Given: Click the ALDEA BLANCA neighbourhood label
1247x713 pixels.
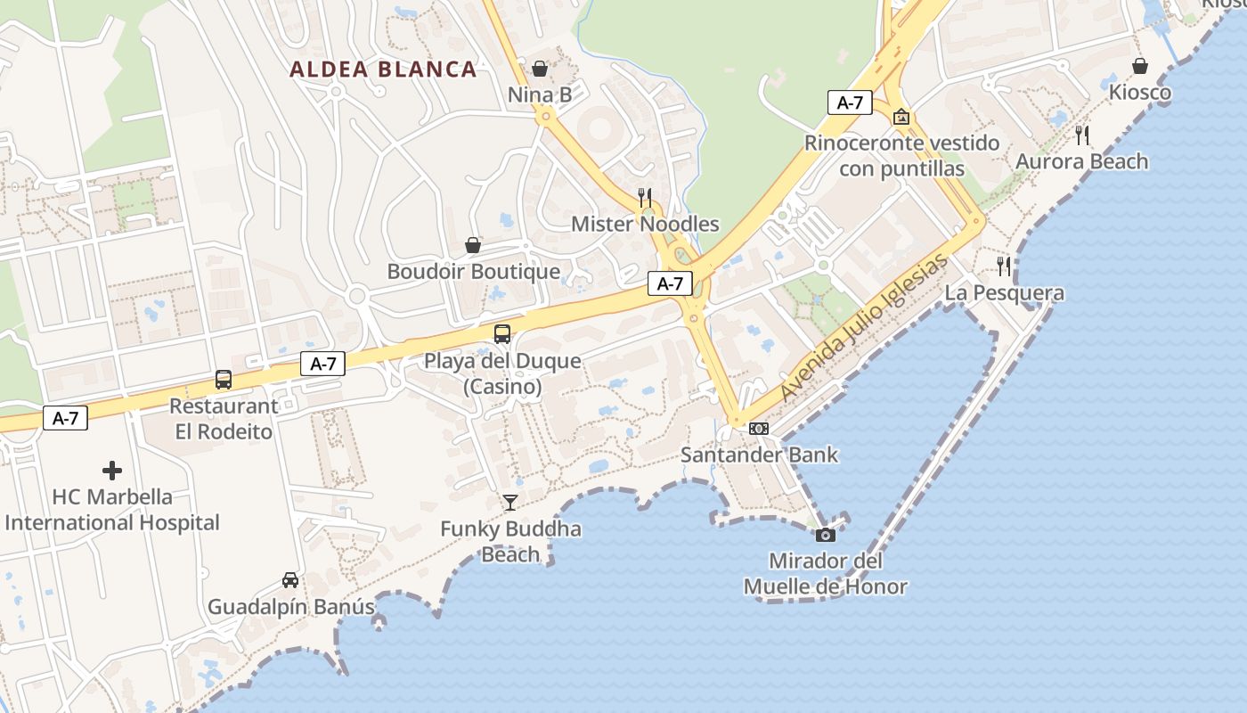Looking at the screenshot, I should (383, 69).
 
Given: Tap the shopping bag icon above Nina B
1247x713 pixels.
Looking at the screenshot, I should (540, 68).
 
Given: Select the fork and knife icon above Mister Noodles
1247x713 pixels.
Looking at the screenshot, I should (645, 197).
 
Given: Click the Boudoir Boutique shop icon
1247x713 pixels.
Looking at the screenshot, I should (473, 245).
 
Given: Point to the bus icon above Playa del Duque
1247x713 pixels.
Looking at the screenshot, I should (502, 334).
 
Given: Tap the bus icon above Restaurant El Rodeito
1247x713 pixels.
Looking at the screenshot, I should (224, 380).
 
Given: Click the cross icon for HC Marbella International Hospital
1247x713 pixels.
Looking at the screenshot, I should (112, 471).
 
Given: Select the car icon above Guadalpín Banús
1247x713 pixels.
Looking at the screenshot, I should (290, 580).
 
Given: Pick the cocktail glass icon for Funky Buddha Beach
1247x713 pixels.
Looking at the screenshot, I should (510, 503).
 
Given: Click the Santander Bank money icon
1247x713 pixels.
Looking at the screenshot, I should (759, 429).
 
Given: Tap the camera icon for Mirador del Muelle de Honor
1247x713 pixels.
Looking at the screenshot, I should (826, 535).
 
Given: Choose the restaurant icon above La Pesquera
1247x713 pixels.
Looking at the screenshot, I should (1004, 266).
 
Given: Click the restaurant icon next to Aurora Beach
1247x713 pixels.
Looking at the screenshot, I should (1082, 135).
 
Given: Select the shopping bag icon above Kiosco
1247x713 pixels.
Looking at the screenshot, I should (1140, 66).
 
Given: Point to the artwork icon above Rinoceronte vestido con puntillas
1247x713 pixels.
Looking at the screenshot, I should (901, 117).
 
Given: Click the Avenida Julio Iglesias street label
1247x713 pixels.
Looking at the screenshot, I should (862, 328).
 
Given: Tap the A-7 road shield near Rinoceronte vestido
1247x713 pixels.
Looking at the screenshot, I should (850, 102).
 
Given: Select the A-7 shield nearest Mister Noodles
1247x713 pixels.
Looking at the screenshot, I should (670, 283).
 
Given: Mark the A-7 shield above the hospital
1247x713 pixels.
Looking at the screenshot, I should (66, 418).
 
